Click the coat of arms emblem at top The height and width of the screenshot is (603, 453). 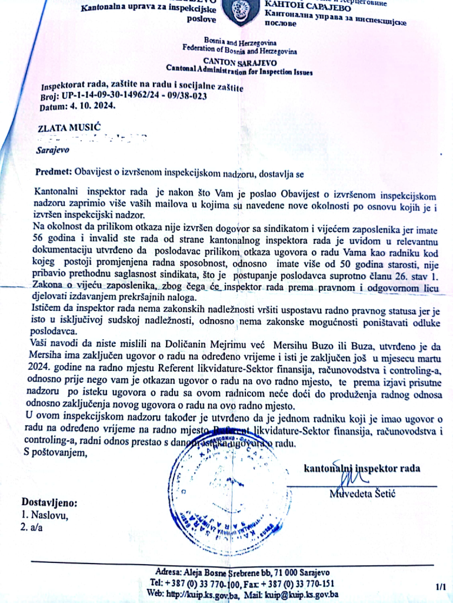[x=241, y=11]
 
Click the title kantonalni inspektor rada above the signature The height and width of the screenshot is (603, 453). [x=362, y=469]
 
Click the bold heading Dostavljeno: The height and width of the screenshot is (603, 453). [x=49, y=503]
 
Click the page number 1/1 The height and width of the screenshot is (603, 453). [x=441, y=587]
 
